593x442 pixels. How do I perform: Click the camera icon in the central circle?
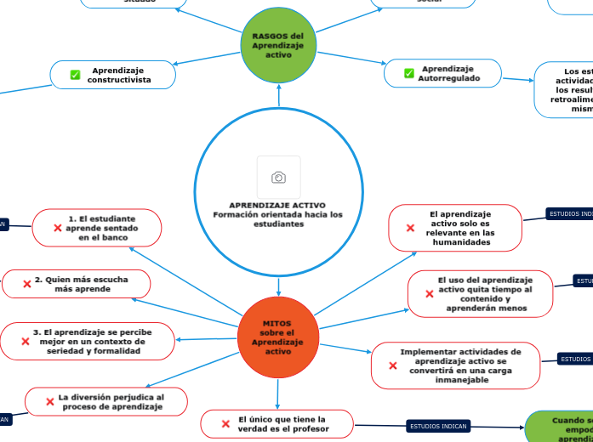tap(278, 177)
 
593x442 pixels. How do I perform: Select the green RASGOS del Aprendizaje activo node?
tap(278, 45)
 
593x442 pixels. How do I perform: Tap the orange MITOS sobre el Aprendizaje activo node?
tap(277, 337)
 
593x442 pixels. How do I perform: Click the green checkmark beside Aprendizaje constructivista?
tap(75, 75)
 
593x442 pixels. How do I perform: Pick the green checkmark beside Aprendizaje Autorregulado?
tap(408, 73)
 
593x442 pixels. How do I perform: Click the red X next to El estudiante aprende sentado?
tap(57, 228)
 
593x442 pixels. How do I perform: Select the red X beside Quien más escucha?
tap(26, 284)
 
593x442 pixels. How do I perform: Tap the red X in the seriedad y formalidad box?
tap(26, 342)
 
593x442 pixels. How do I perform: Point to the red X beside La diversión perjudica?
tap(49, 402)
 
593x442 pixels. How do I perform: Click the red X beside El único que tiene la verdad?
tap(225, 423)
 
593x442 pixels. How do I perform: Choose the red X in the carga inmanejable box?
tap(393, 365)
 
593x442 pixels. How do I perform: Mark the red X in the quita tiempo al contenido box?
tap(429, 294)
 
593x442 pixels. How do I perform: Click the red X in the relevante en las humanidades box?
tap(410, 228)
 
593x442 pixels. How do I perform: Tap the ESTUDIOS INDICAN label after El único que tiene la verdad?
tap(438, 426)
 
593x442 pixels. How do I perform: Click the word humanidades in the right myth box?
tap(461, 242)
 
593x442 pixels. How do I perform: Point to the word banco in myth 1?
tap(115, 238)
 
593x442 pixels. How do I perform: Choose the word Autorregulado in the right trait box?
tap(448, 78)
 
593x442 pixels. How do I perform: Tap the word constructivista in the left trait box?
tap(119, 80)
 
